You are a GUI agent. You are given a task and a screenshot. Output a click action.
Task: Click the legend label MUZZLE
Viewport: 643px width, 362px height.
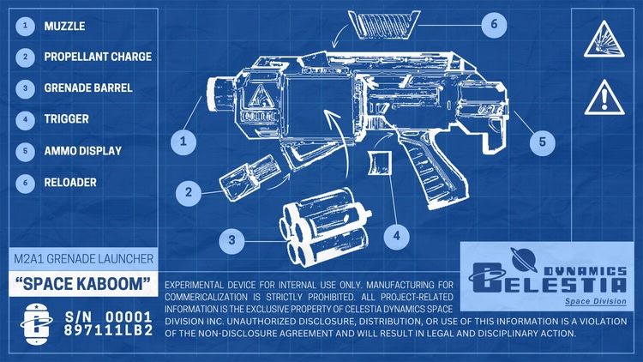tap(64, 27)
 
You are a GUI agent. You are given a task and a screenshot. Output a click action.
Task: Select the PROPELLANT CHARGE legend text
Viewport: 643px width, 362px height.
tap(98, 57)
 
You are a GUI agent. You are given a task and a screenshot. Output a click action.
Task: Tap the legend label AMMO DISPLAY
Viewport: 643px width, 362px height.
tap(83, 151)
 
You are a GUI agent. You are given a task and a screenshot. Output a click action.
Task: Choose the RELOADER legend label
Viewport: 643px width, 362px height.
tap(70, 182)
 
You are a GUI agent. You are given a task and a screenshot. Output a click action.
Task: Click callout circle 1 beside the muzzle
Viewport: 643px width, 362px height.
tap(183, 142)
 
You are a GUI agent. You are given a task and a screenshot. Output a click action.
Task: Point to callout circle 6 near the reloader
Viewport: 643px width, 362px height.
tap(494, 25)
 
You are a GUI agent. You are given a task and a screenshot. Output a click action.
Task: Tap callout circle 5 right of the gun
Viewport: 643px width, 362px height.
tap(542, 142)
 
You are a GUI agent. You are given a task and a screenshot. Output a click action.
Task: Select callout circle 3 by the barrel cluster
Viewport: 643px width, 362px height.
tap(231, 240)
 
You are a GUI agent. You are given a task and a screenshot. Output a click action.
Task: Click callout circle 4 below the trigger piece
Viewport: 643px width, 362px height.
tap(397, 237)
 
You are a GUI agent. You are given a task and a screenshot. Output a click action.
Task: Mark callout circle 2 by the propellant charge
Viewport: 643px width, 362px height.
tap(189, 192)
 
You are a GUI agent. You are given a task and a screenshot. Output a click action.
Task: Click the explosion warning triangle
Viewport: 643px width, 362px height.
tap(604, 39)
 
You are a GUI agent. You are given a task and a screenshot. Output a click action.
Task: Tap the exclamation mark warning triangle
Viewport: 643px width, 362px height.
tap(604, 98)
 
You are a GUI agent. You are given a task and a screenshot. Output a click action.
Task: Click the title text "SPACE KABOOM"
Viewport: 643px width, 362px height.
tap(83, 284)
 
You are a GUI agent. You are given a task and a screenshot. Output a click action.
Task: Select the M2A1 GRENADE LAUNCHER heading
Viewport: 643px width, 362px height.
tap(84, 258)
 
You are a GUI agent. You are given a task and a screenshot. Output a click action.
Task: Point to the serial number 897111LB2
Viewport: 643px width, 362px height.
tap(109, 330)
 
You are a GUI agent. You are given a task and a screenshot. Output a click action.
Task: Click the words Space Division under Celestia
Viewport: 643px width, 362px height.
tap(596, 301)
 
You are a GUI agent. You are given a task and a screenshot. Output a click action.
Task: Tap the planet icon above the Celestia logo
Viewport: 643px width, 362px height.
tap(524, 259)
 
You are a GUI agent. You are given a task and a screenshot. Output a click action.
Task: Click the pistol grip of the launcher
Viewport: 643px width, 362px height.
tap(434, 168)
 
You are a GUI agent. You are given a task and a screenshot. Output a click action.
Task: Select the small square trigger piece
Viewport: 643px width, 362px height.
tap(379, 163)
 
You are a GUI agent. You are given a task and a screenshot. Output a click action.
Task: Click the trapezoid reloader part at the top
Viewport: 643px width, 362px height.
tap(384, 25)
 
